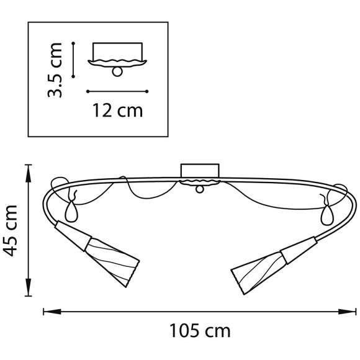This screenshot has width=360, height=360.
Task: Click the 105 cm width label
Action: click(200, 331)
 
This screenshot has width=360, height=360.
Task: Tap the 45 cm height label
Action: click(11, 230)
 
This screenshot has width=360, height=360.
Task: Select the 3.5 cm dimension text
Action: click(55, 70)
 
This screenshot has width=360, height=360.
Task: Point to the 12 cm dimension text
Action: click(117, 110)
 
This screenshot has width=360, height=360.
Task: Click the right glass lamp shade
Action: click(258, 272)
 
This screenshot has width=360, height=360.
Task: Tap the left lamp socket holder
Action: click(73, 235)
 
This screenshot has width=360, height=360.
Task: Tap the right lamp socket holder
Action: click(299, 250)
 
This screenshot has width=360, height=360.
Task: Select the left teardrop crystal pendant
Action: click(71, 211)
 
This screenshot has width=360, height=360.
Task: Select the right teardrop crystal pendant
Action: click(326, 215)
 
